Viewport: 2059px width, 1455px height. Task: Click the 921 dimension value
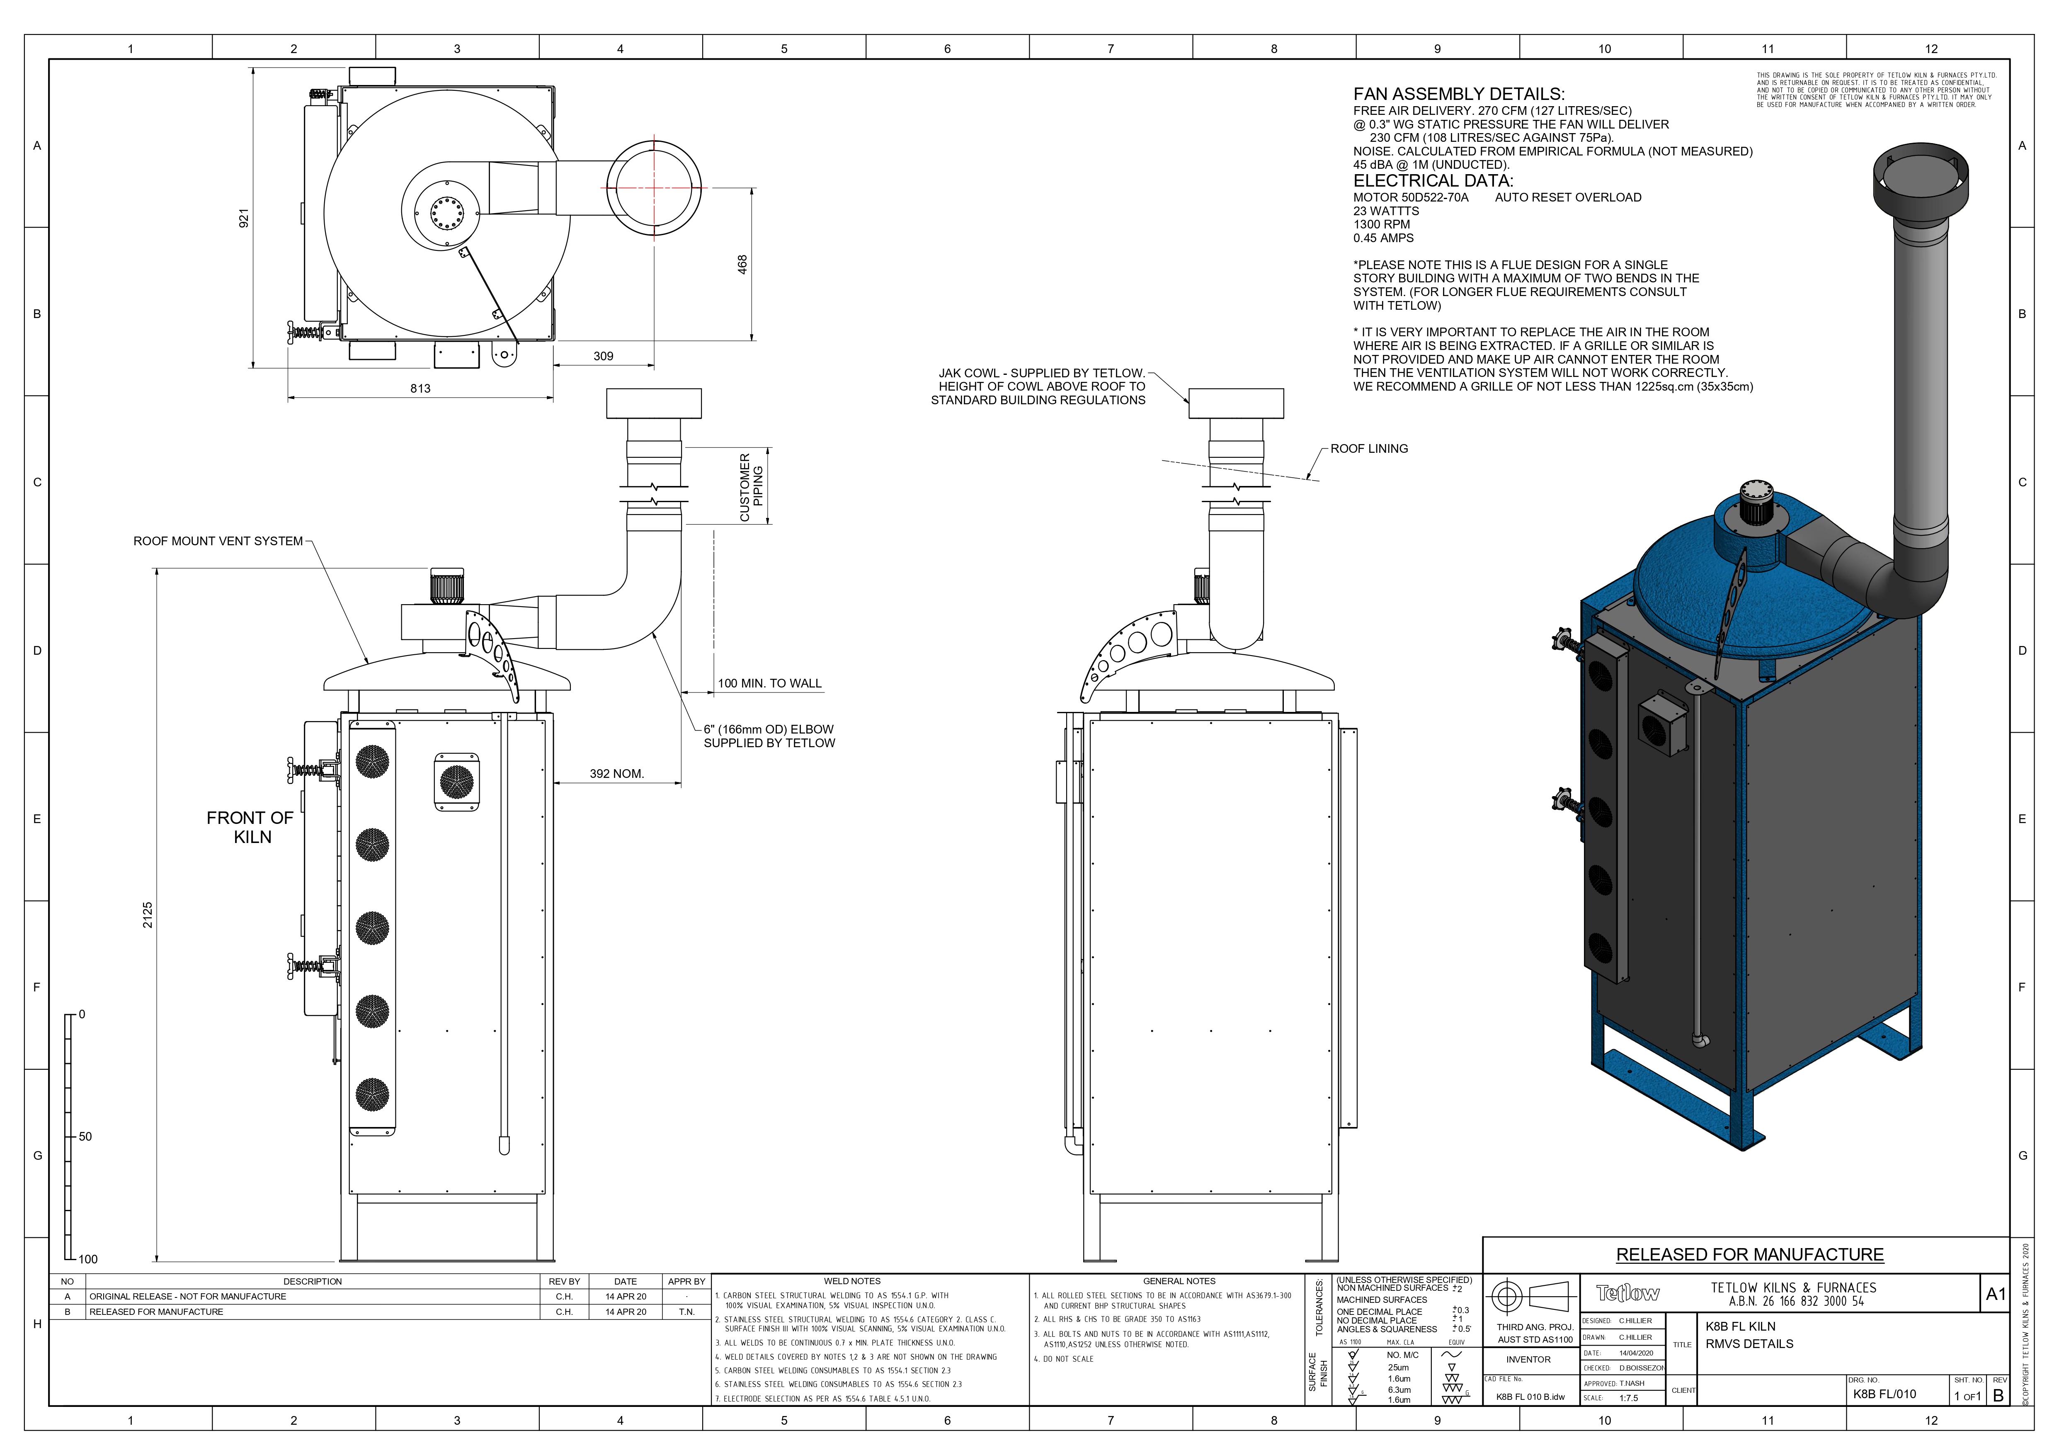tap(243, 218)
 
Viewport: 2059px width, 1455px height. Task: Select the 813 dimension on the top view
tap(420, 389)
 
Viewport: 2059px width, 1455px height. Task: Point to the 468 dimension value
tap(742, 265)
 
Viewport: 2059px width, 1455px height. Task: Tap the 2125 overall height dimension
tap(148, 915)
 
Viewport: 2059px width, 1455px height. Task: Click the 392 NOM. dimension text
tap(616, 773)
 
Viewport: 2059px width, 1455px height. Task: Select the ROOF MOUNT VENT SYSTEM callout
tap(218, 541)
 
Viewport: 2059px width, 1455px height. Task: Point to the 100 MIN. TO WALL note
tap(769, 683)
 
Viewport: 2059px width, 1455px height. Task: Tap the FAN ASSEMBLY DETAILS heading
tap(1458, 94)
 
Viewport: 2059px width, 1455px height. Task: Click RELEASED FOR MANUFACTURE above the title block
tap(1750, 1254)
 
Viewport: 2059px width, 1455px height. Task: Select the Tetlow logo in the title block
tap(1627, 1292)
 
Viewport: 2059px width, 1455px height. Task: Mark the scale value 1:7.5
tap(1629, 1398)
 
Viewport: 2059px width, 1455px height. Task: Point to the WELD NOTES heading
tap(852, 1281)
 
